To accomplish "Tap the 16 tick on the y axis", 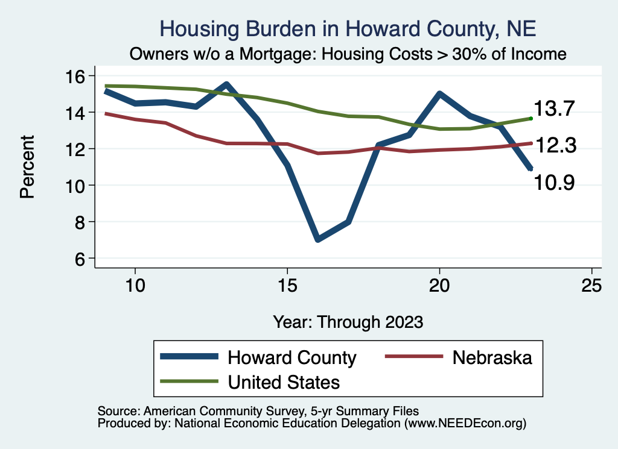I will (76, 76).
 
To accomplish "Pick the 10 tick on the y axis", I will (76, 186).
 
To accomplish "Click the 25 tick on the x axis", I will (591, 285).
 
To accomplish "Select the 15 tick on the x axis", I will (287, 285).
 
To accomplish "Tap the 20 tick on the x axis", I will (439, 285).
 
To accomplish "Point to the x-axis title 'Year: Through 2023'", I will (348, 322).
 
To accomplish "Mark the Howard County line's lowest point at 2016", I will (317, 240).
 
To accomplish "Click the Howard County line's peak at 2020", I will (439, 94).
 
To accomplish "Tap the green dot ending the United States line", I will (530, 119).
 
